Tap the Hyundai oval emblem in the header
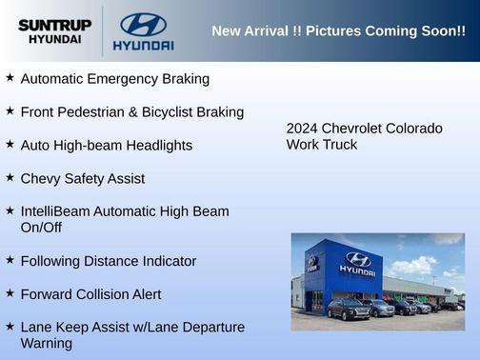click(x=143, y=25)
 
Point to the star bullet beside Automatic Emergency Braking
click(x=10, y=77)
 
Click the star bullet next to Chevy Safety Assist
click(x=10, y=177)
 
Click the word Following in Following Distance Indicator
click(x=52, y=261)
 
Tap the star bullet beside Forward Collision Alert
click(x=10, y=293)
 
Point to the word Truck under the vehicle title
click(x=339, y=145)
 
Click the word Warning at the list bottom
click(x=47, y=343)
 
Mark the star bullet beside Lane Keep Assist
click(x=10, y=327)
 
